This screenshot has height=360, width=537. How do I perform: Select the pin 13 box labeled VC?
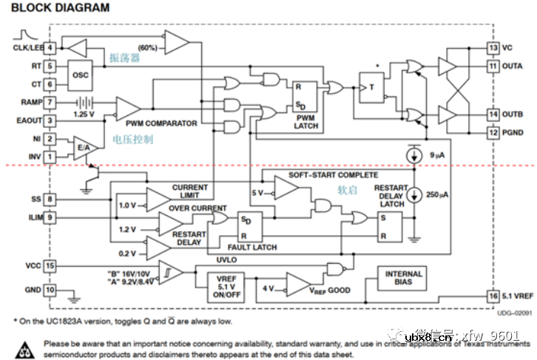[x=493, y=48]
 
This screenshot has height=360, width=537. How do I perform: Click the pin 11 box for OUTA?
[x=493, y=67]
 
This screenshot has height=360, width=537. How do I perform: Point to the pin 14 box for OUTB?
[x=493, y=115]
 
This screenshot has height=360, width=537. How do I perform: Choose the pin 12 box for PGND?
[x=493, y=133]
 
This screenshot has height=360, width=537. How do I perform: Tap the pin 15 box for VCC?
[x=50, y=265]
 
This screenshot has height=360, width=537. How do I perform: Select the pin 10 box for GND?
[x=50, y=290]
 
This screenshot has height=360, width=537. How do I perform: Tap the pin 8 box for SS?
[x=50, y=199]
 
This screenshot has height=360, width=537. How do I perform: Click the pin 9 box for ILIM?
[x=50, y=217]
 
